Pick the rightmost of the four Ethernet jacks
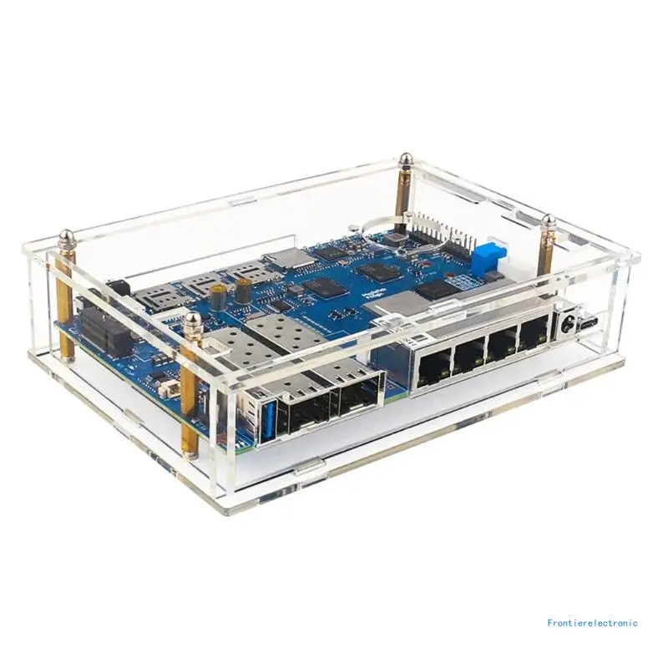point(530,337)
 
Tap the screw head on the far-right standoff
point(549,222)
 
